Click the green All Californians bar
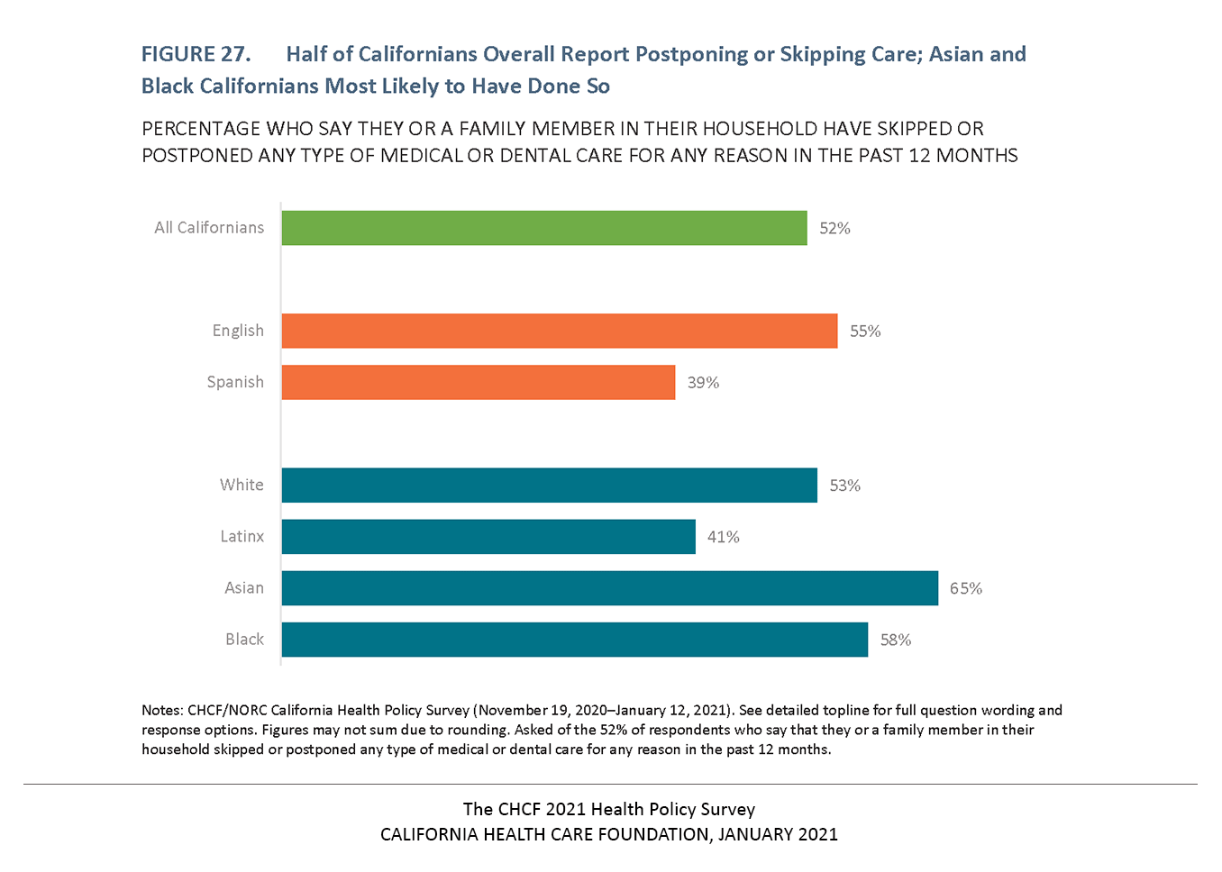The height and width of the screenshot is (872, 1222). tap(544, 228)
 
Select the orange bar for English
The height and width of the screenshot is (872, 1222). tap(560, 331)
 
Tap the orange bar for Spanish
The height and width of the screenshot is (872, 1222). tap(479, 382)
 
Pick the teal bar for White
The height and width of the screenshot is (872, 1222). tap(550, 485)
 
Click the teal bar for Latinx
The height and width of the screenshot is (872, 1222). tap(488, 536)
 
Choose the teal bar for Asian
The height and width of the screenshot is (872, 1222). tap(610, 587)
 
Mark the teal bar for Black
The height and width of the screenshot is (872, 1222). tap(575, 639)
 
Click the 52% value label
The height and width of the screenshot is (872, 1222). tap(834, 229)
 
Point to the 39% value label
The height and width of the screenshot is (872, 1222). tap(703, 383)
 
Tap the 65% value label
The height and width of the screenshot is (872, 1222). tap(965, 588)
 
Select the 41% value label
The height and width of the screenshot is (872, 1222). tap(723, 537)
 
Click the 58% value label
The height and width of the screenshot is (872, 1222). tap(896, 640)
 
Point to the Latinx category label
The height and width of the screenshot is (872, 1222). tap(242, 536)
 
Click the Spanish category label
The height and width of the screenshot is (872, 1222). tap(235, 382)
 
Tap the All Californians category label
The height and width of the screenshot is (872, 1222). tap(209, 228)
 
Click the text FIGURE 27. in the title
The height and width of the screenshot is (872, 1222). tap(196, 54)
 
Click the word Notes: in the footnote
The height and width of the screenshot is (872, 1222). tap(162, 710)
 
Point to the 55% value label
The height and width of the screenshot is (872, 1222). tap(865, 332)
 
